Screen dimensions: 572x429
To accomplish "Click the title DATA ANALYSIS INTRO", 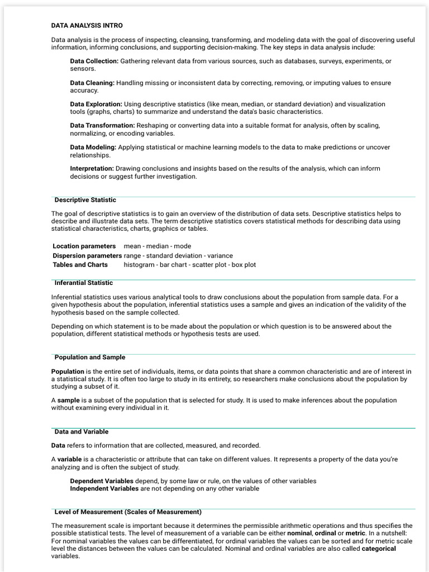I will coord(87,26).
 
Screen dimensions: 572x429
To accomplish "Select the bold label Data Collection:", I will coord(94,61).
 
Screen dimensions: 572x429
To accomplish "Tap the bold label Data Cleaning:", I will coord(92,83).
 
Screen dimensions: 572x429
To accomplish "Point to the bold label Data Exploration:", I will coord(96,104).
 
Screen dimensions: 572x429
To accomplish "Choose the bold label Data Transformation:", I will coord(102,126).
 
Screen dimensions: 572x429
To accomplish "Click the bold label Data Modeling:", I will coord(93,147).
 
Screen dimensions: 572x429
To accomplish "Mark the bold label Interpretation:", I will coord(92,168).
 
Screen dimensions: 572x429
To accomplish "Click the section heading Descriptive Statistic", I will coord(85,200).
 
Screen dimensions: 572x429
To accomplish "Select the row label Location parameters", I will coord(84,246).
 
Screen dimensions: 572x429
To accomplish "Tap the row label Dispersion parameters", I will coord(87,255).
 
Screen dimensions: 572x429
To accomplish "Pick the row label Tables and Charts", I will coord(80,265).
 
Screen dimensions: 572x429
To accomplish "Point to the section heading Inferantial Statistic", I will coord(84,283).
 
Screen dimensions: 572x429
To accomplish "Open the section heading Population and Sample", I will coord(90,357).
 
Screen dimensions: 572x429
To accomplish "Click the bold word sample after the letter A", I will coord(69,401).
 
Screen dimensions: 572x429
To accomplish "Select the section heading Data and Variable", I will coord(82,432).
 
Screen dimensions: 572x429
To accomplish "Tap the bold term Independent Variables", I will coord(104,489).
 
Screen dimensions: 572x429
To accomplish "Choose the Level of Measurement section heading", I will coord(128,512).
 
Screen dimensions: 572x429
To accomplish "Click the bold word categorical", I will coord(379,549).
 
